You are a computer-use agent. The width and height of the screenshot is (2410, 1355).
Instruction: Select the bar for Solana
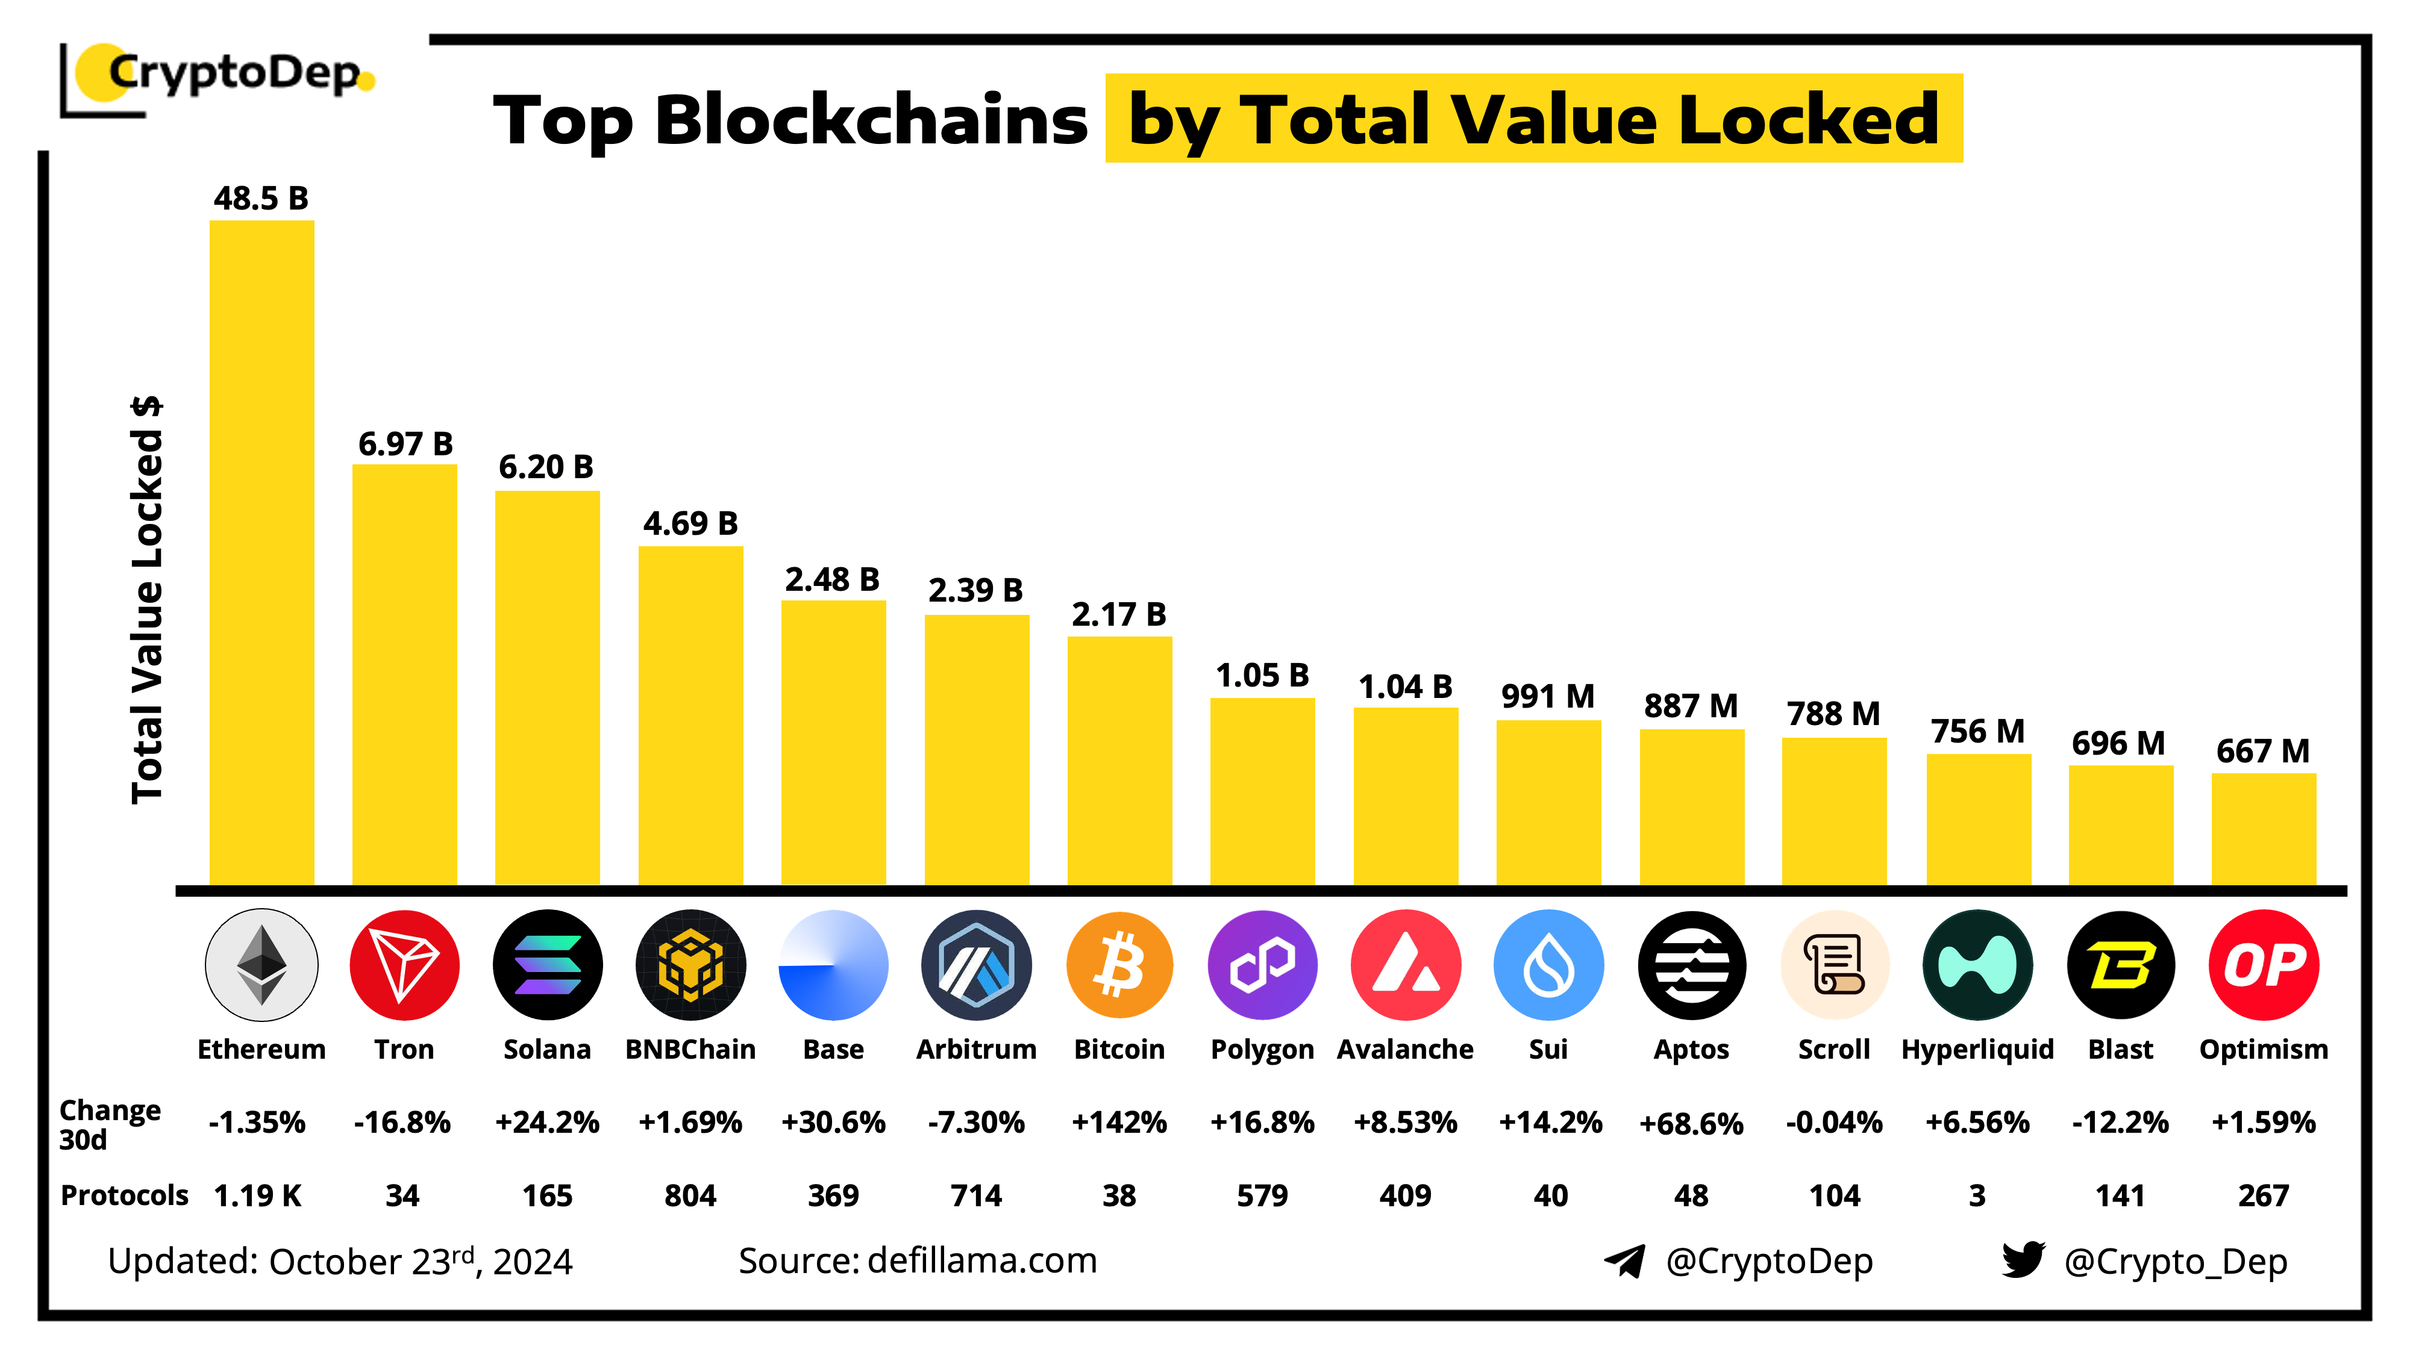pyautogui.click(x=547, y=687)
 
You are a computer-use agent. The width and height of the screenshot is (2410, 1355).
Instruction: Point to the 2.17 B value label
pyautogui.click(x=1119, y=614)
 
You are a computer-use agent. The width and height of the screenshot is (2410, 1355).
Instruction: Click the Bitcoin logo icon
pyautogui.click(x=1119, y=965)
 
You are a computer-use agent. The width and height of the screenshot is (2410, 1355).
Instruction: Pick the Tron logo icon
pyautogui.click(x=404, y=965)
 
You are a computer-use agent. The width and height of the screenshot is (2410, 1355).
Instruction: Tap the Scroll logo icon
pyautogui.click(x=1835, y=965)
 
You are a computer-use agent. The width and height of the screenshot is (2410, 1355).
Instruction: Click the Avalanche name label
pyautogui.click(x=1405, y=1049)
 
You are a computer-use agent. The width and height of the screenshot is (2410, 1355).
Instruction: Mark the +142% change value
pyautogui.click(x=1119, y=1122)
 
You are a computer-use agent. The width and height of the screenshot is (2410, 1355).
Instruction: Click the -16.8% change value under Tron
pyautogui.click(x=402, y=1122)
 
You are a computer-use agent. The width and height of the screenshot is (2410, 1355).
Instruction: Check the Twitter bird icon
pyautogui.click(x=2023, y=1260)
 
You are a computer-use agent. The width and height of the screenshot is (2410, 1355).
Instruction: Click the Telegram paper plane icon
pyautogui.click(x=1625, y=1260)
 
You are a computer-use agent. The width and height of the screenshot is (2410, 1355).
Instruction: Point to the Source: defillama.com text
pyautogui.click(x=917, y=1260)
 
